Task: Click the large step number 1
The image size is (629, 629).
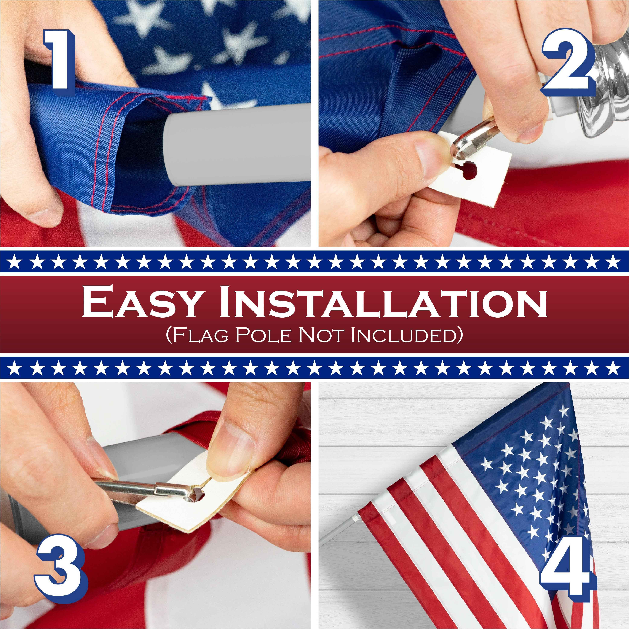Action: click(59, 60)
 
